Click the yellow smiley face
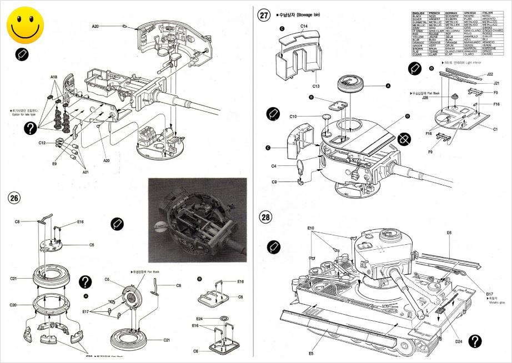pos(26,26)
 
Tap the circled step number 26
pos(14,197)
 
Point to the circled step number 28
pos(266,216)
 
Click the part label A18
pos(54,77)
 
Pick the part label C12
pos(42,143)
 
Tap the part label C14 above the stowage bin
pos(304,26)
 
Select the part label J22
pos(489,74)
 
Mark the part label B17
pos(489,293)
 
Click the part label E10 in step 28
pos(311,228)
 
